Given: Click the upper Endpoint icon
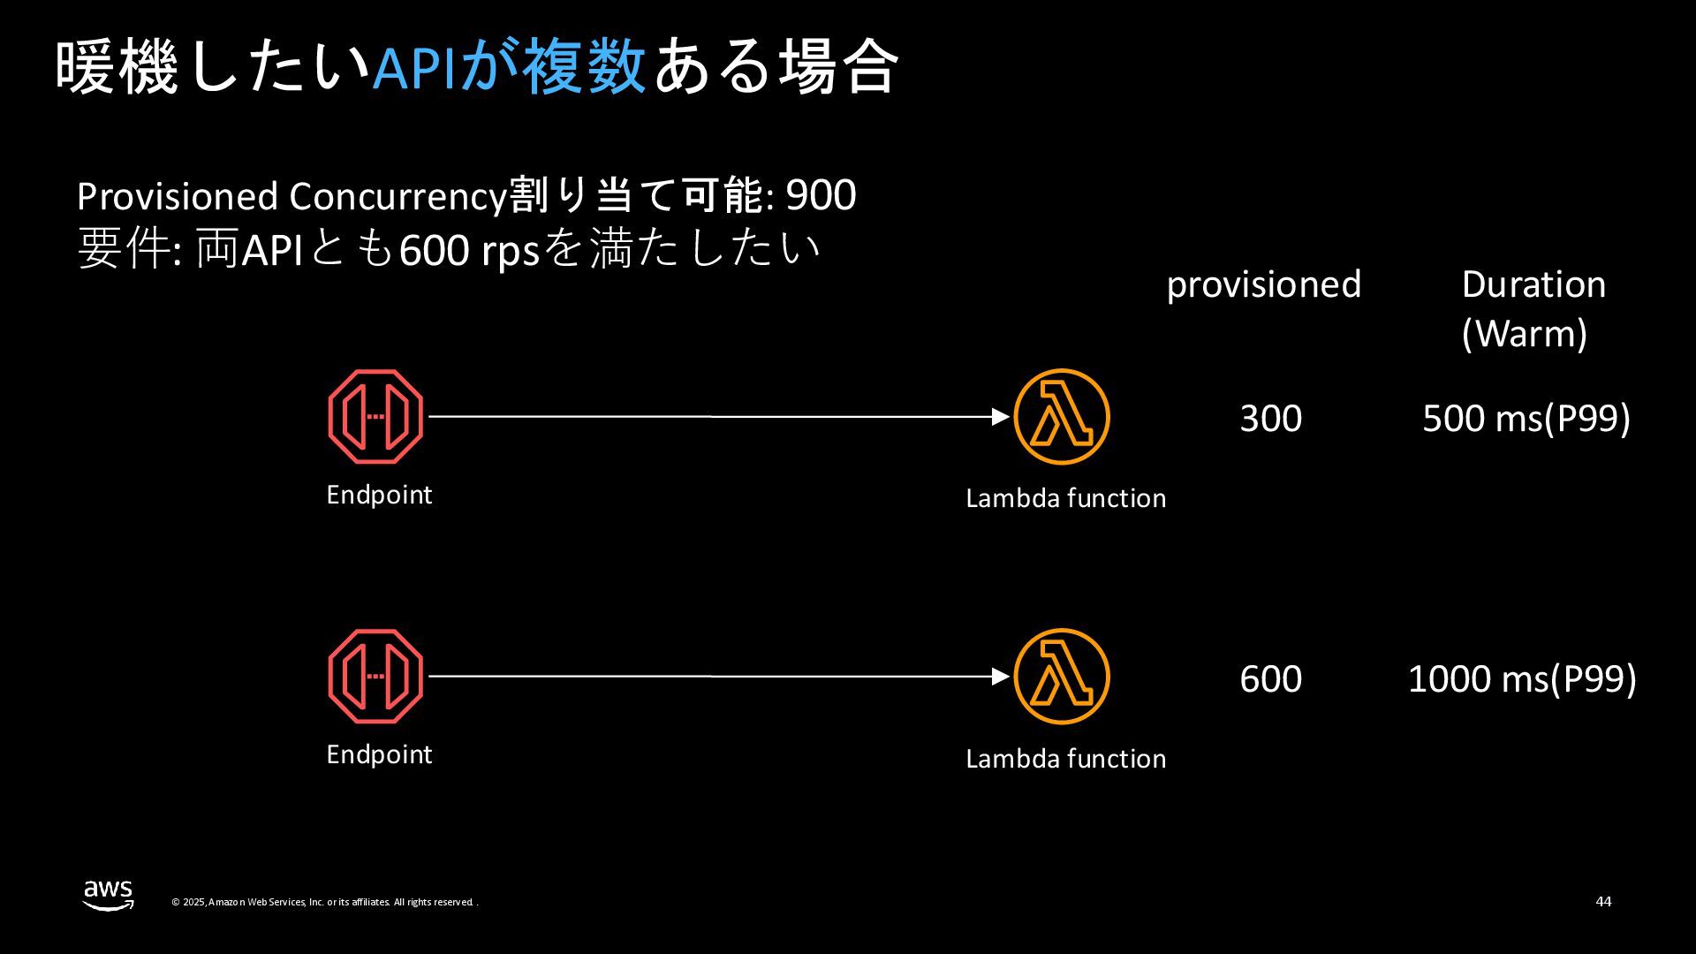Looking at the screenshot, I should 375,416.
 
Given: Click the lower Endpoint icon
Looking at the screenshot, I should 375,677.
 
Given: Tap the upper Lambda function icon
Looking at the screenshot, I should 1061,416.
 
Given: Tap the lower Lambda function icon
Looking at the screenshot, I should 1061,677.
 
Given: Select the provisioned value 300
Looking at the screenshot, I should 1270,418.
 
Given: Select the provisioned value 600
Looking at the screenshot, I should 1270,678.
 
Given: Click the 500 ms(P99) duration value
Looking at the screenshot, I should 1526,418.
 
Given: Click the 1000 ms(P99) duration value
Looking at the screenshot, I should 1521,678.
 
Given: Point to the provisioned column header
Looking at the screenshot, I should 1263,284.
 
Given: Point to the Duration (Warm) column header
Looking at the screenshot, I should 1533,308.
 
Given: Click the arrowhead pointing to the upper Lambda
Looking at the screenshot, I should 1001,416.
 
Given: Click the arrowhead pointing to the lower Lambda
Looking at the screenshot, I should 1001,677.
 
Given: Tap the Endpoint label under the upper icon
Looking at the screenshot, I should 379,495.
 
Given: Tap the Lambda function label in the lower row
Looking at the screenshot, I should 1065,759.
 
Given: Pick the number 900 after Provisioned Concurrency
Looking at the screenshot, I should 821,195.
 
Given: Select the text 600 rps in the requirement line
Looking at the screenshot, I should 469,251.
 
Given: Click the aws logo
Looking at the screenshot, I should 109,894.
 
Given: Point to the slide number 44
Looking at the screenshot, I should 1603,901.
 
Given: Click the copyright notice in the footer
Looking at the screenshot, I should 324,902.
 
